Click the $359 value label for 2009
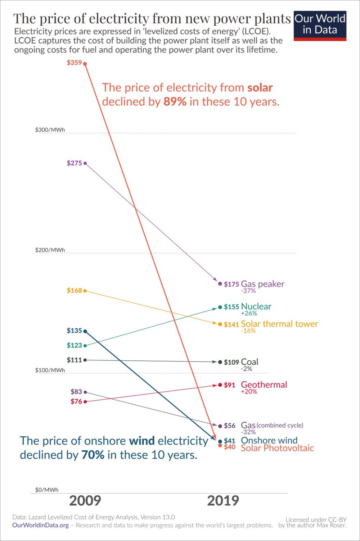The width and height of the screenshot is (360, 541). [x=74, y=63]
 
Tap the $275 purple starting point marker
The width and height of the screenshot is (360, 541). [x=85, y=163]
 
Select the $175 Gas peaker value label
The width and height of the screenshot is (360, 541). [x=231, y=284]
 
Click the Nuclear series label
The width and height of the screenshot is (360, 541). [x=256, y=306]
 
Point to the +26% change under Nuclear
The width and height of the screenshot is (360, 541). [x=249, y=313]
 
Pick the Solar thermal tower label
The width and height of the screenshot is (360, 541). [x=279, y=324]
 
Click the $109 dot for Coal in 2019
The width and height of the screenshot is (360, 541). [x=220, y=362]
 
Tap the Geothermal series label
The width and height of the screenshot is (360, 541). [x=264, y=385]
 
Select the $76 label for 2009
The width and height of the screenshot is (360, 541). [x=76, y=401]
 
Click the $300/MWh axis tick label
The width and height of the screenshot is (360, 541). [x=50, y=129]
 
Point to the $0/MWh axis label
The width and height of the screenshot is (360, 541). [x=47, y=490]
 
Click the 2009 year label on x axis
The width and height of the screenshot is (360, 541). [x=85, y=501]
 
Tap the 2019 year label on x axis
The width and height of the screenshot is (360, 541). [x=223, y=501]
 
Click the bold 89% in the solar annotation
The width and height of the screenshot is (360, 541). [x=175, y=101]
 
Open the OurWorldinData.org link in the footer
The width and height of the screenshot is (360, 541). [x=40, y=525]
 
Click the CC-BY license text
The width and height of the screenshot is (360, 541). [x=337, y=519]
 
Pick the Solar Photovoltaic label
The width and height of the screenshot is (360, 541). [x=277, y=448]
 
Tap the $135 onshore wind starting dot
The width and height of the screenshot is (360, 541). [x=85, y=331]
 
